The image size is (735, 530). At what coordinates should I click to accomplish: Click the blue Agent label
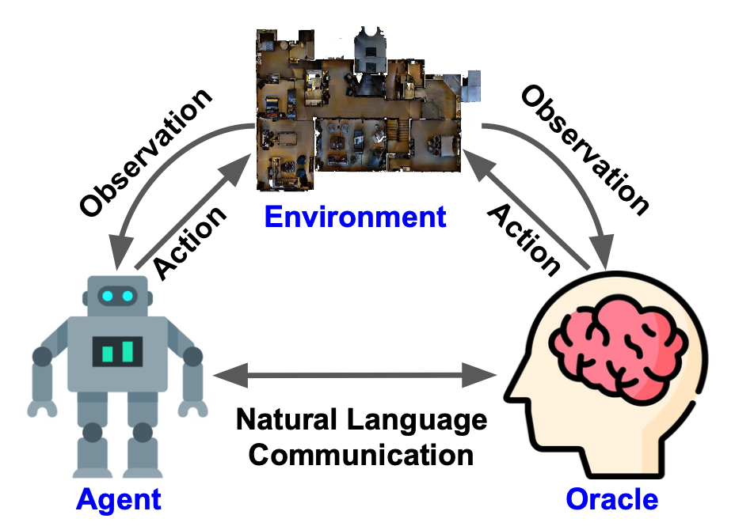(x=118, y=499)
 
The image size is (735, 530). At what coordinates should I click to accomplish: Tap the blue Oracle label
(x=611, y=499)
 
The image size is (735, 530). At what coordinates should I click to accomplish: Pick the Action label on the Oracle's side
(x=523, y=237)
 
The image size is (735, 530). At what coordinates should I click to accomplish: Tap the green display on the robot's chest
(x=117, y=350)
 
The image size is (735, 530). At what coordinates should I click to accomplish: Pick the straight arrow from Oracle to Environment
(x=527, y=210)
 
